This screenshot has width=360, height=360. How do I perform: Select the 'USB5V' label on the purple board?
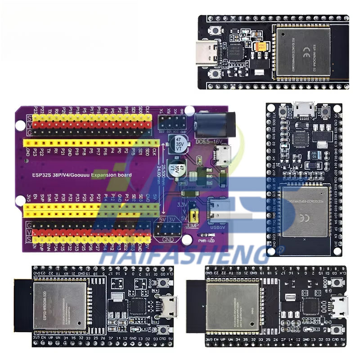click(x=216, y=227)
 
